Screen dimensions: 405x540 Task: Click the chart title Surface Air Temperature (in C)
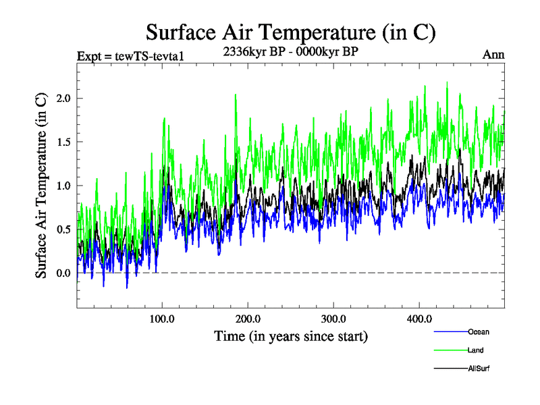(x=290, y=32)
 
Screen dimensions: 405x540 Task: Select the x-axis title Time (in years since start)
(x=290, y=335)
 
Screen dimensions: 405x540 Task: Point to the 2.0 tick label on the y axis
(x=63, y=99)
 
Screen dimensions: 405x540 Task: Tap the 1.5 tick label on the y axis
(x=63, y=142)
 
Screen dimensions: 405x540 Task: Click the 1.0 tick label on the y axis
(x=63, y=186)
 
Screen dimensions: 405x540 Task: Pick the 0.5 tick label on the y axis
(x=63, y=230)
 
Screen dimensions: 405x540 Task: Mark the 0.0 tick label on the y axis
(x=63, y=273)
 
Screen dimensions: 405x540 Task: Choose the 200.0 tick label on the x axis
(x=248, y=319)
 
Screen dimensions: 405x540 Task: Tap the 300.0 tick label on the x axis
(x=333, y=319)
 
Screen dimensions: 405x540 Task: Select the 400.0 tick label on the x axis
(x=419, y=319)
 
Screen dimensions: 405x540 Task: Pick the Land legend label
(x=475, y=350)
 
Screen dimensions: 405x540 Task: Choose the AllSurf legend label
(x=478, y=369)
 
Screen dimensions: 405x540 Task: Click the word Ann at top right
(x=493, y=55)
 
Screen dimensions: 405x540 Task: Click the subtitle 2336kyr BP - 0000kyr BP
(x=290, y=51)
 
